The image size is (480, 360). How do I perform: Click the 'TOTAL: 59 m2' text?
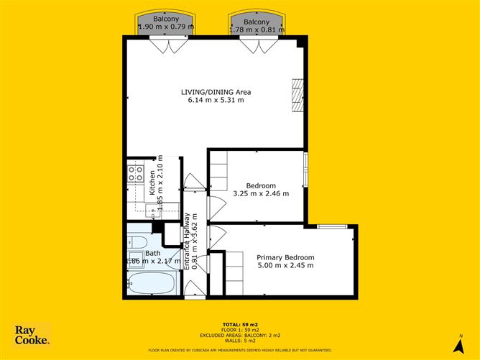pyautogui.click(x=240, y=326)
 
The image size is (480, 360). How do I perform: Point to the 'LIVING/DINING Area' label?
pyautogui.click(x=215, y=92)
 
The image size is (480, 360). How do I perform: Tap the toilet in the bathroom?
pyautogui.click(x=139, y=243)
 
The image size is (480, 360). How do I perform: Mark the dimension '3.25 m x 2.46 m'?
pyautogui.click(x=261, y=193)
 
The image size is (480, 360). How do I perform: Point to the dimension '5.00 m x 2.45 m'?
pyautogui.click(x=285, y=267)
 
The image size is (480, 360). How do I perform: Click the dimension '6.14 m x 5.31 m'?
pyautogui.click(x=215, y=101)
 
